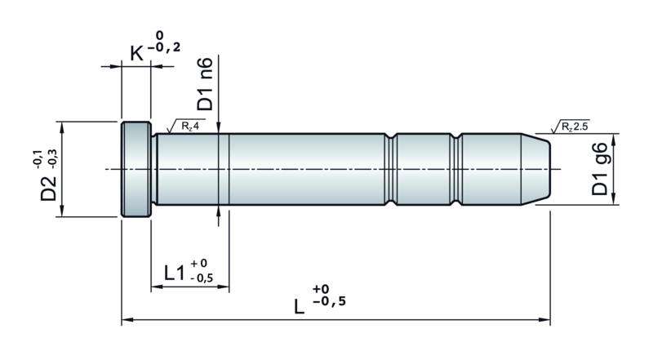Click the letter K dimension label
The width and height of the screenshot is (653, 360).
pos(136,53)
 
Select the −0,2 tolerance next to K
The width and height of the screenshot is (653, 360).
pos(164,47)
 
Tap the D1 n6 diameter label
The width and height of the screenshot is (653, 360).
pos(205,84)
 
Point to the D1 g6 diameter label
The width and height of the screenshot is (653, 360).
pos(600,169)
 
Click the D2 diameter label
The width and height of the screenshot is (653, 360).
pos(48,188)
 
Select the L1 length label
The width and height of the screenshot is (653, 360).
pos(175,273)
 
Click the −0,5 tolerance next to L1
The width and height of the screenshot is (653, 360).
pos(202,278)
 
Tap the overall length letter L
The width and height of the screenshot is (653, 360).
pos(299,307)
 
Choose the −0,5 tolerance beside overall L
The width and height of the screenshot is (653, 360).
pos(329,301)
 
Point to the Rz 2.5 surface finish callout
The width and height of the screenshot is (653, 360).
pos(570,127)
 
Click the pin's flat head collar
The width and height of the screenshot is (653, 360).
pos(136,169)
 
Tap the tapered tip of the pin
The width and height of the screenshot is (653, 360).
pos(535,169)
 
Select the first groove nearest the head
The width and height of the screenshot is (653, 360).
pos(391,169)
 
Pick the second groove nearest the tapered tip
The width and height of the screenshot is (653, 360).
pos(456,169)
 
